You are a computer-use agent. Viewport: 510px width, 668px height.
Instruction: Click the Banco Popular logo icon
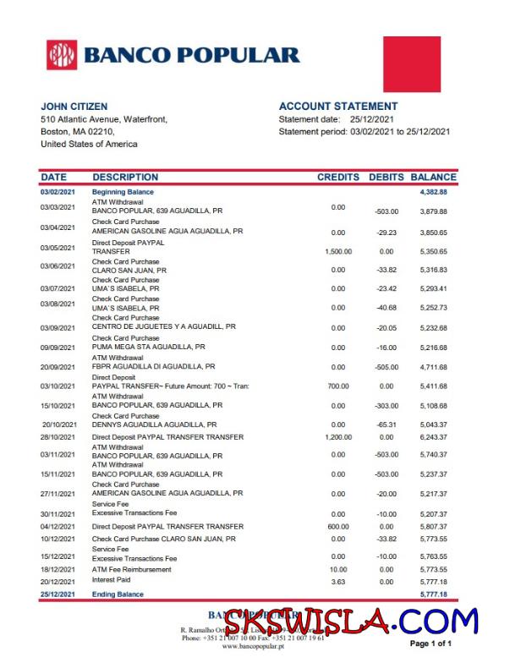61,55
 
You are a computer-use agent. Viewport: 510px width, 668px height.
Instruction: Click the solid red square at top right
412,63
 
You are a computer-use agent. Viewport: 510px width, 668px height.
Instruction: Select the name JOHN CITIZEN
74,107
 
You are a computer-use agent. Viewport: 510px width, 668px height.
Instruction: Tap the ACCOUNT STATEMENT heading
337,107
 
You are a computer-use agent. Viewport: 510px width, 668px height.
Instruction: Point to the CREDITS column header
338,178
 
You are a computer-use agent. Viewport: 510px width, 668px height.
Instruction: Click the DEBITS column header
387,178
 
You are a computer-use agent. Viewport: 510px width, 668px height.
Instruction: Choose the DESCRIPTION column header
125,178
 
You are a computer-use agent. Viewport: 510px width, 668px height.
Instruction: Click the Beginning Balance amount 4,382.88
433,193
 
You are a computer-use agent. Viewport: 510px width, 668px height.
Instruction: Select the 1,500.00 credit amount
338,252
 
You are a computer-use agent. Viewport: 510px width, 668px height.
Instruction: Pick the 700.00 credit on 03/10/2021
338,386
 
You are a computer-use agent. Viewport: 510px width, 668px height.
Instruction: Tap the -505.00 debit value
387,368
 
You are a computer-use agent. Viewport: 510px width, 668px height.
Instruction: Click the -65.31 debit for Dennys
387,425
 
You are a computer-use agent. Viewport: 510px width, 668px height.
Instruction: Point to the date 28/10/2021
58,437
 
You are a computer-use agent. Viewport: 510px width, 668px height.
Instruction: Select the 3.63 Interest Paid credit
338,582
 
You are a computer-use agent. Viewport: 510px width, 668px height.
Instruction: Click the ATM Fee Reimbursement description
131,570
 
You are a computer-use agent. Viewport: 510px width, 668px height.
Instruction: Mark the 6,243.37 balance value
433,437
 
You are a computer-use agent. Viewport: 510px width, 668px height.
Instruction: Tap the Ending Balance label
118,594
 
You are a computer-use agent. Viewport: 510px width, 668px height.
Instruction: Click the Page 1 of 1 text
430,644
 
